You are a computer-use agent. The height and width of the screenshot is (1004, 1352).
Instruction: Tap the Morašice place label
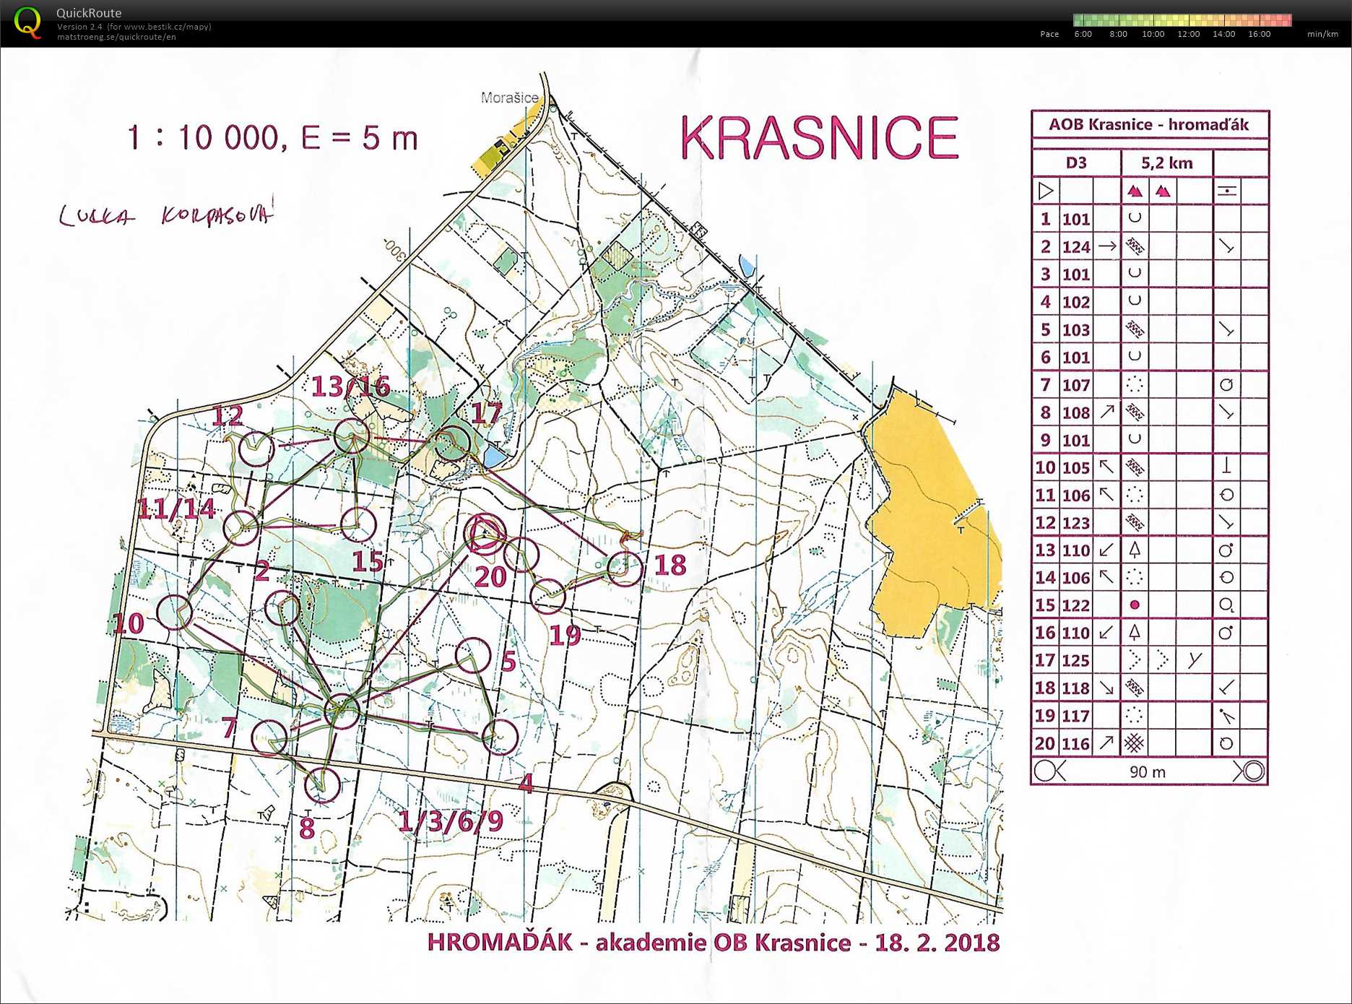[509, 98]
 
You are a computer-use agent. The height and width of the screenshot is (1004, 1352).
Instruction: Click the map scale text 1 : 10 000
[203, 137]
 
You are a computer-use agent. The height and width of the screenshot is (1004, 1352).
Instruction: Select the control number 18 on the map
[669, 565]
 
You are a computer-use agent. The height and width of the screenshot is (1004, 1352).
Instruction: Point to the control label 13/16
[351, 386]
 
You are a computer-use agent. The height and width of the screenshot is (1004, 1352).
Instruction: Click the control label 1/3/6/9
[451, 821]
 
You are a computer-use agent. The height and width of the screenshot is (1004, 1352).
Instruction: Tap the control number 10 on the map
[129, 623]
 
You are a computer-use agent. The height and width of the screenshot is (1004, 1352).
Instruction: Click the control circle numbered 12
[256, 449]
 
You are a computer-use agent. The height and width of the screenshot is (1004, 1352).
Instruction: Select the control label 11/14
[176, 509]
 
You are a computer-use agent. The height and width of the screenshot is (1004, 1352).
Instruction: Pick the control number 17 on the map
[485, 413]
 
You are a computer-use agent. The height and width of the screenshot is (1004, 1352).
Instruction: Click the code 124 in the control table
[1075, 247]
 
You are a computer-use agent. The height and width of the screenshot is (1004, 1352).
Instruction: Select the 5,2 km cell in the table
[1166, 163]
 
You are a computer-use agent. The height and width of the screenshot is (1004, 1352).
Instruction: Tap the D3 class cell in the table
[1075, 163]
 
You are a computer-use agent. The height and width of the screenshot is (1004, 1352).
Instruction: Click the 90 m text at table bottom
[1147, 771]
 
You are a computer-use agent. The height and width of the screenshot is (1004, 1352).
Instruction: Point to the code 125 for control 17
[1075, 660]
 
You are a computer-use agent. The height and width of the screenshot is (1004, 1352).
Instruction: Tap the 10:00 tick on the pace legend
[1153, 34]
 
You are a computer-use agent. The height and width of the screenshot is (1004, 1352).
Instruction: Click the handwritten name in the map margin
[166, 215]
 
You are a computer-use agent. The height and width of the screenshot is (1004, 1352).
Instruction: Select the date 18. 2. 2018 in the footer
[937, 943]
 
